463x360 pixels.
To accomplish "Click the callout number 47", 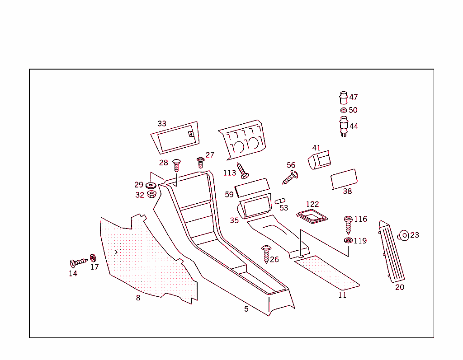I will (354, 97).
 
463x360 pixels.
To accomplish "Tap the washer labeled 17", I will (93, 258).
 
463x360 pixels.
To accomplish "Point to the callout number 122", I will (312, 205).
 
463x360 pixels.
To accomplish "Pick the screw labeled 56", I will (290, 177).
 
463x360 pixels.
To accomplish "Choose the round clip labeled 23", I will (404, 235).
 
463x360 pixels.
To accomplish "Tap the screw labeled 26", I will (266, 254).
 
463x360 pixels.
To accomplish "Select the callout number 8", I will (138, 298).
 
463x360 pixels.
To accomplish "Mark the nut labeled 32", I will (152, 195).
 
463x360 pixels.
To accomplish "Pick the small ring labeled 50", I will (343, 110).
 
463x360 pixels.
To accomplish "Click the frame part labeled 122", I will (312, 216).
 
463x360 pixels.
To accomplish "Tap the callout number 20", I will (400, 287).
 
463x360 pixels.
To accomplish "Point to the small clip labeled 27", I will (200, 162).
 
